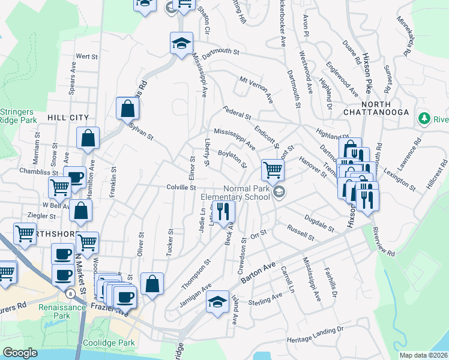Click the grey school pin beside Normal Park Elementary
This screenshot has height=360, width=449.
pos(278,192)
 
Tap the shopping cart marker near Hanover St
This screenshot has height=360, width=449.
pos(273,170)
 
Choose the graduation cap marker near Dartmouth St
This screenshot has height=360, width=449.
pos(181,44)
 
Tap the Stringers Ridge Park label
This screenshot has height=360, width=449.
pos(17,116)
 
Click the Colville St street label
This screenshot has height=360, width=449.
pos(182,188)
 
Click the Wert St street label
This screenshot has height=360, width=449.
pos(87,56)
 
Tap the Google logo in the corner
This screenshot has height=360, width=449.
pos(20,352)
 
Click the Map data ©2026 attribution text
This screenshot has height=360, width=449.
pos(423,355)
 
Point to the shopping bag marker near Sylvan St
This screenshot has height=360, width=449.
pos(127,109)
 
